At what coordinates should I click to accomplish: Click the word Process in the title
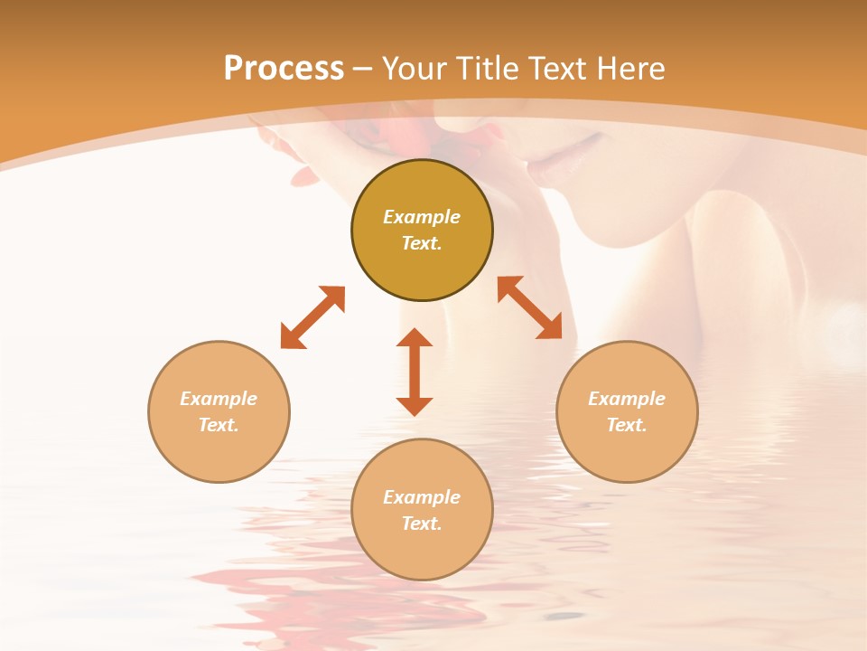[x=284, y=69]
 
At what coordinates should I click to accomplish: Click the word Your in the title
[x=414, y=69]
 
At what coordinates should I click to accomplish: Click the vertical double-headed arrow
[x=415, y=372]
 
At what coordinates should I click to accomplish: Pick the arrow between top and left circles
[x=312, y=317]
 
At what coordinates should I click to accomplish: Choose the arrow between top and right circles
[x=529, y=307]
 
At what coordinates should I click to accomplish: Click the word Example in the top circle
[x=422, y=217]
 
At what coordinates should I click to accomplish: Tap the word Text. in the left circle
[x=219, y=425]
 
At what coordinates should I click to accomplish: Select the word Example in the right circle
[x=627, y=399]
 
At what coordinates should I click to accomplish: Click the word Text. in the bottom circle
[x=422, y=524]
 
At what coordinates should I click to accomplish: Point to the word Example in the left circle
[x=219, y=399]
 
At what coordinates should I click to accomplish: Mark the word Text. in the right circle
[x=627, y=425]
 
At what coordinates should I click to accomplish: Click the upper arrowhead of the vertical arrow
[x=415, y=337]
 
